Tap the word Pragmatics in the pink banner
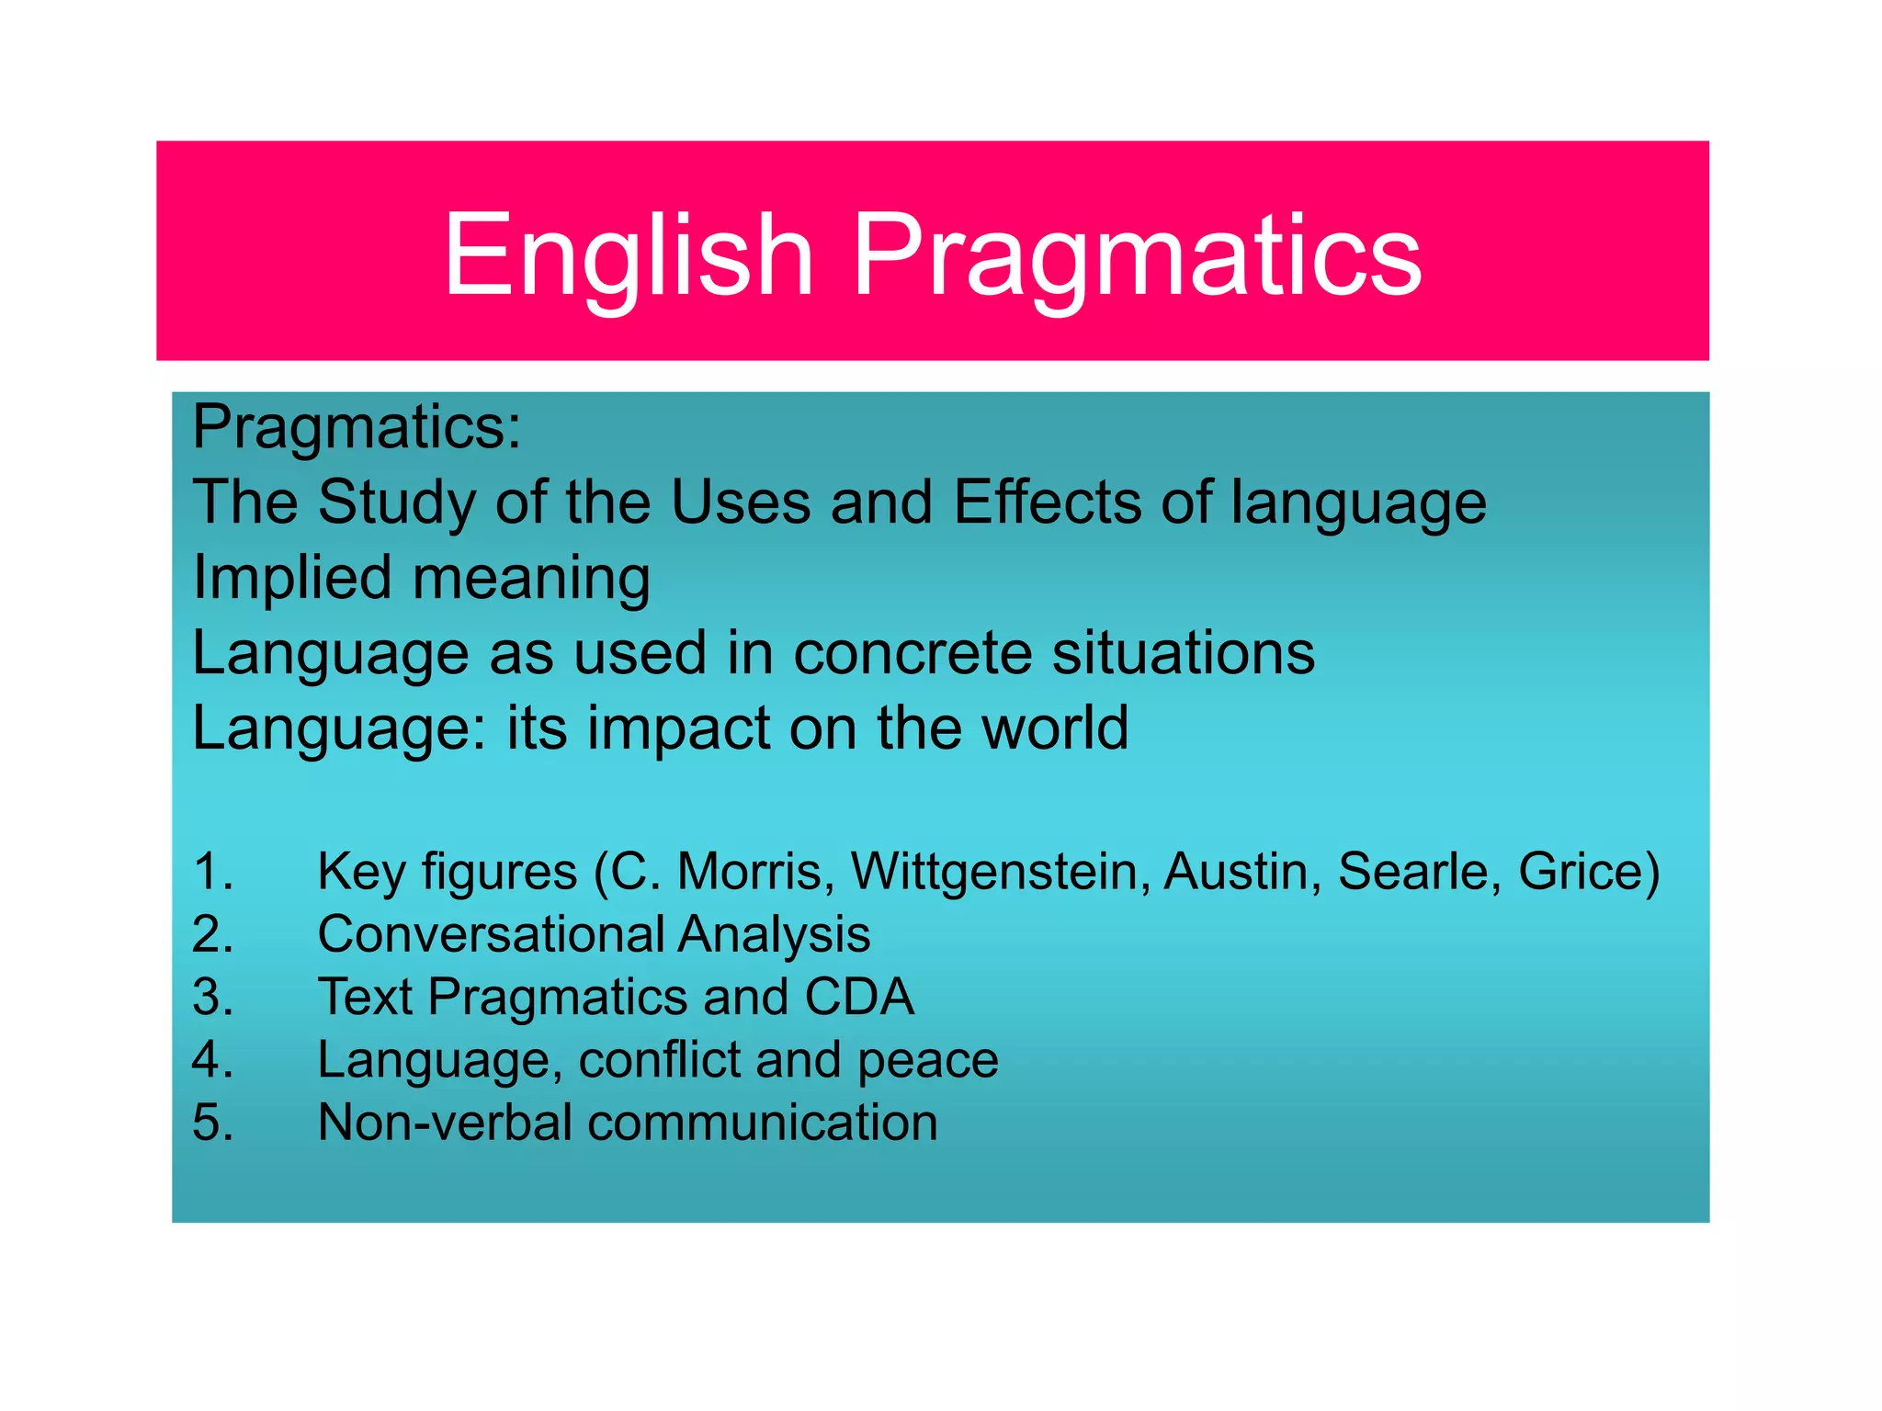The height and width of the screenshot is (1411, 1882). tap(1138, 257)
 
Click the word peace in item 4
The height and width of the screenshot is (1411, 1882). tap(927, 1060)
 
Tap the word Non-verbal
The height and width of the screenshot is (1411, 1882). tap(445, 1123)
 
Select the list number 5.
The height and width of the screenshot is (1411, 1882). tap(212, 1123)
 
